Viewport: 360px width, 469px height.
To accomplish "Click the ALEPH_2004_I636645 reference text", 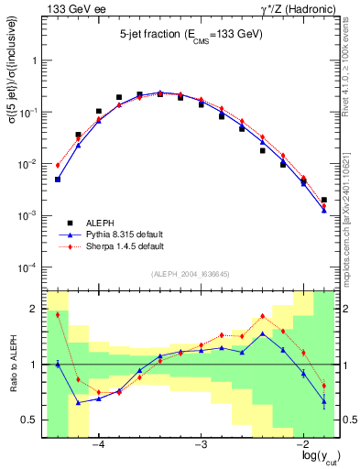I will [191, 274].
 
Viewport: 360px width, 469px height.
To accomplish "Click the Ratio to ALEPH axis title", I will [12, 364].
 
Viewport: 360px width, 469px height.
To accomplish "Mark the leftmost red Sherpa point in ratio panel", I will [58, 315].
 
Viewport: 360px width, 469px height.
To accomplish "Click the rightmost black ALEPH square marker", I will [324, 200].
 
